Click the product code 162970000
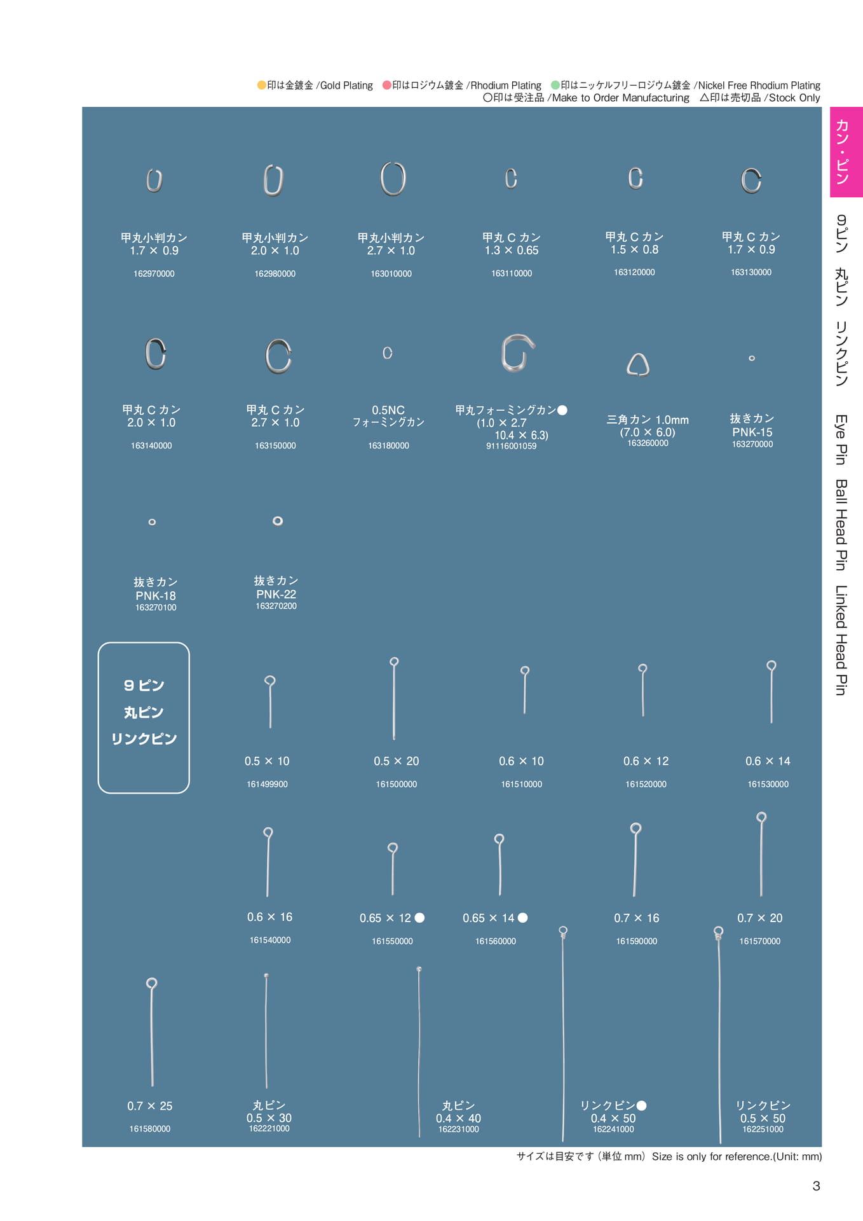coord(154,273)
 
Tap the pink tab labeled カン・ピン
coord(846,152)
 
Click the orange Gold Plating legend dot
coord(261,85)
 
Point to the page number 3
coord(816,1186)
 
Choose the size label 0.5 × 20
coord(397,761)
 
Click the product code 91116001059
coord(512,446)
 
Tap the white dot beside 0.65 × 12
coord(419,918)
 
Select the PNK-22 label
coord(276,594)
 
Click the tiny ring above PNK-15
coord(752,358)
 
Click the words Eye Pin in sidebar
coord(841,439)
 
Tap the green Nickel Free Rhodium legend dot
coord(555,85)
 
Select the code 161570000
coord(760,941)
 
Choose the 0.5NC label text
coord(388,410)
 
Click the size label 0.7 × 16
coord(637,918)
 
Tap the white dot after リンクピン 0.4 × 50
coord(641,1106)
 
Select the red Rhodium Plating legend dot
coord(386,85)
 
